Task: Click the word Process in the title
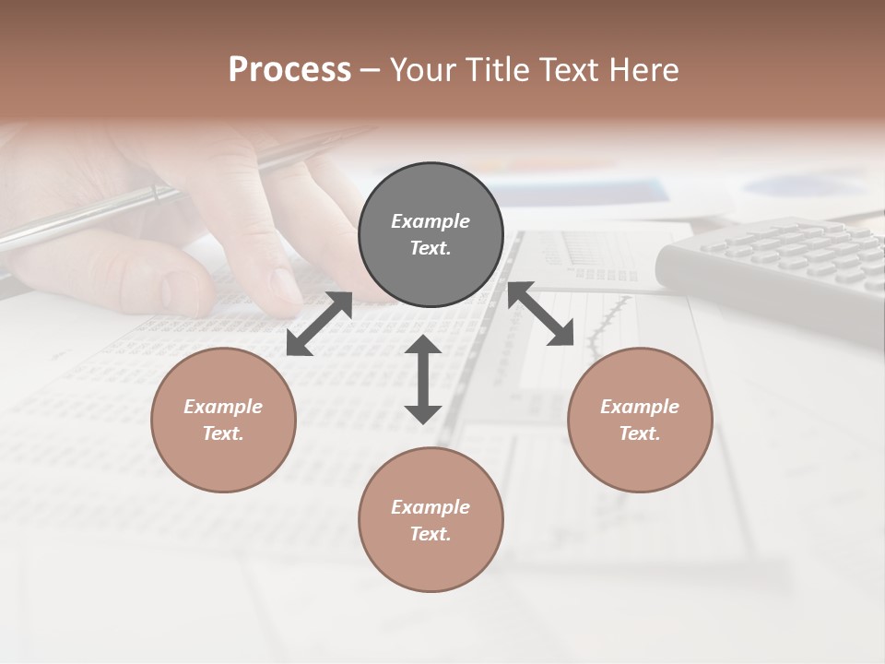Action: pyautogui.click(x=289, y=70)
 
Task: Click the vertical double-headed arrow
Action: pyautogui.click(x=423, y=379)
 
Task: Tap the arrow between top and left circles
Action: pyautogui.click(x=319, y=324)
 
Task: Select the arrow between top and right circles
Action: pyautogui.click(x=540, y=314)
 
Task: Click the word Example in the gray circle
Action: pyautogui.click(x=431, y=221)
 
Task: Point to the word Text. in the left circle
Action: pyautogui.click(x=223, y=433)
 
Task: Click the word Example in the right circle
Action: pyautogui.click(x=640, y=407)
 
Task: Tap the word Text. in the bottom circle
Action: pyautogui.click(x=431, y=534)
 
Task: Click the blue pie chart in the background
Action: pyautogui.click(x=793, y=185)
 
